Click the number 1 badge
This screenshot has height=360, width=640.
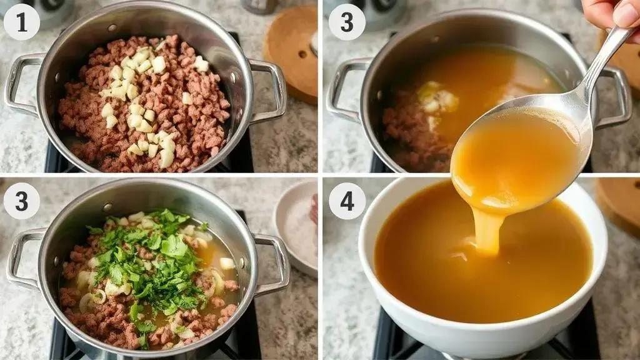(x=22, y=22)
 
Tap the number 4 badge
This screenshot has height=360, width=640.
(x=346, y=201)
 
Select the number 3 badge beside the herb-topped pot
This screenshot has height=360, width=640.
(x=22, y=201)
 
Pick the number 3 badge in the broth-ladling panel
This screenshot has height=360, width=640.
(x=346, y=22)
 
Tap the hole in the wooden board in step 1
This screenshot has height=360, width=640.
(x=302, y=54)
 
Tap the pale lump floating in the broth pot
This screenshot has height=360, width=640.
(x=437, y=98)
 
